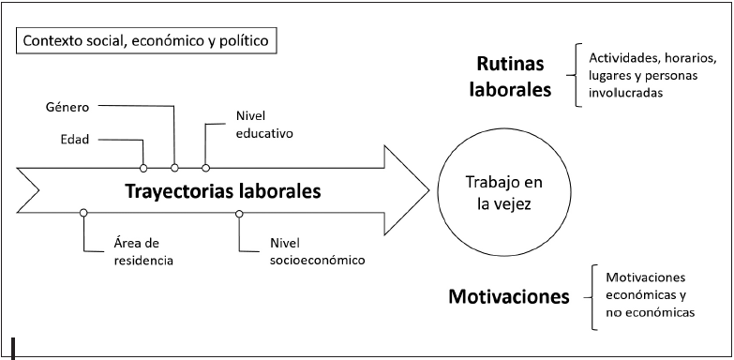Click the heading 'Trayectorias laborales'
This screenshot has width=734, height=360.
point(223,191)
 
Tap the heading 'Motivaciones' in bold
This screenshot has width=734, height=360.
point(509,298)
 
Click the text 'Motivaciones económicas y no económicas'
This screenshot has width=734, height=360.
point(649,295)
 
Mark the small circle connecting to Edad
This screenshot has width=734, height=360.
point(143,168)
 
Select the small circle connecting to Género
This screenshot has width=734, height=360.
point(174,168)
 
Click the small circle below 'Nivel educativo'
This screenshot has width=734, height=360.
point(205,168)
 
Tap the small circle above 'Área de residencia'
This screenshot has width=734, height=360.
point(84,214)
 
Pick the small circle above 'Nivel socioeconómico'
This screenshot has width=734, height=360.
point(239,214)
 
